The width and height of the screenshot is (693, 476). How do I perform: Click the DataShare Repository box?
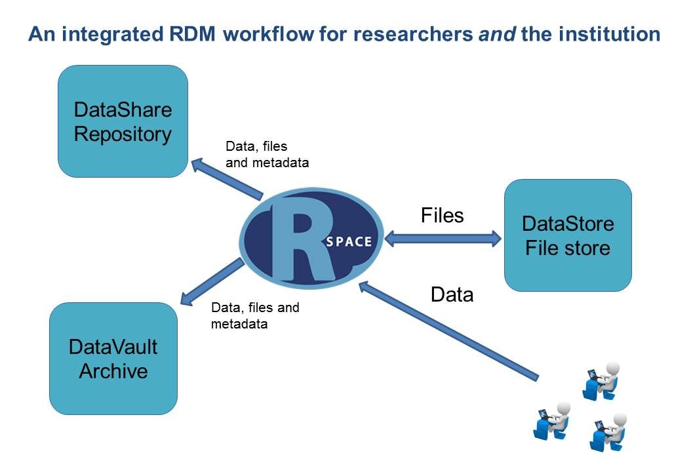123,121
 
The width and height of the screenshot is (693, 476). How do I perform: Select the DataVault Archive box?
113,359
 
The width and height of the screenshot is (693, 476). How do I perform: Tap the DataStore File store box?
568,235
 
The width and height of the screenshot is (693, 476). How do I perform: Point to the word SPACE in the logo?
347,241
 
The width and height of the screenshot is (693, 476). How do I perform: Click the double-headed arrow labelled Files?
443,239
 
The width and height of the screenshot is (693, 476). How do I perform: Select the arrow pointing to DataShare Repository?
226,178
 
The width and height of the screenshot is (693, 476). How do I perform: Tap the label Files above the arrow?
442,215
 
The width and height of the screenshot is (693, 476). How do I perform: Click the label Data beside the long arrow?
452,295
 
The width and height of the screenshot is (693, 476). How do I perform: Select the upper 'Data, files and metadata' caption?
266,154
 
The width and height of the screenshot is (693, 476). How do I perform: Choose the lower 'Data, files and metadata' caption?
254,315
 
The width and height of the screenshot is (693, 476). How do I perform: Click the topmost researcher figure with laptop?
601,380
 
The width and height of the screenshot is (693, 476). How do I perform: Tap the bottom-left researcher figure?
551,420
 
